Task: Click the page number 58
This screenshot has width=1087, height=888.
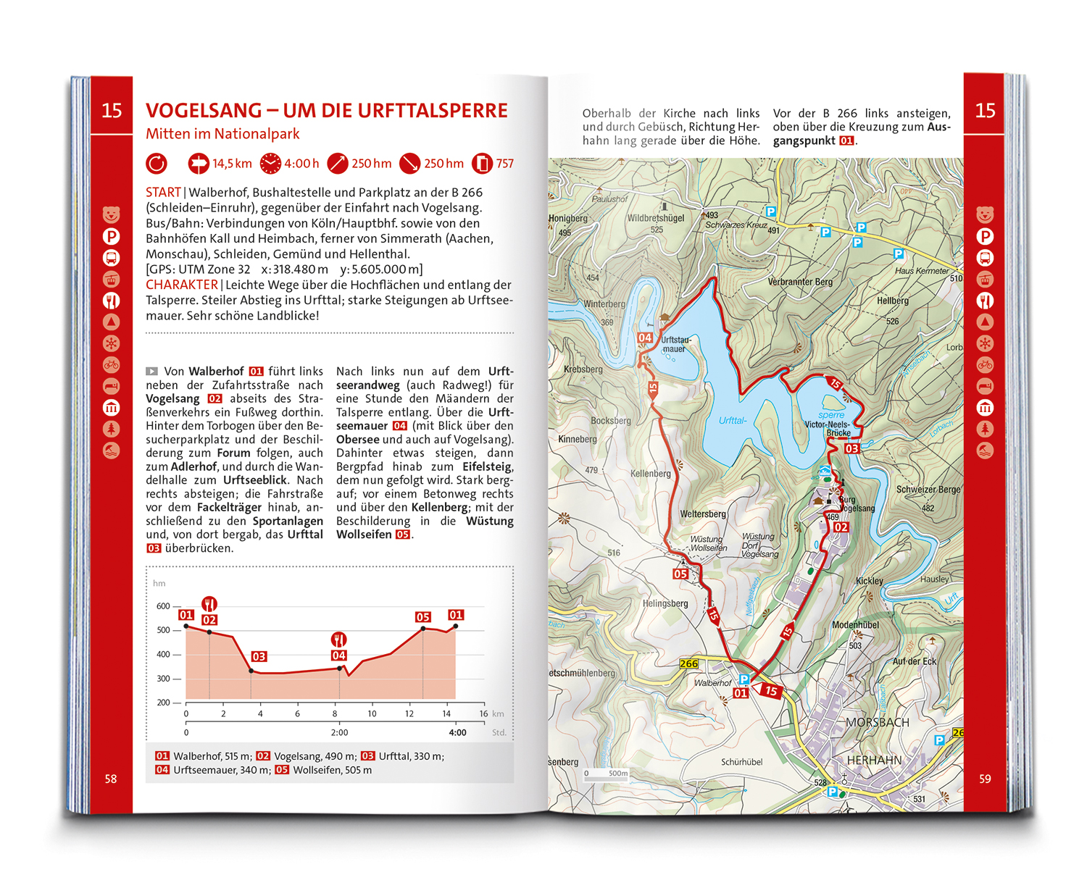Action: point(111,779)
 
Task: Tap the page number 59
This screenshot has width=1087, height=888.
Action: point(985,779)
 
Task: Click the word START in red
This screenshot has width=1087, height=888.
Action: point(163,193)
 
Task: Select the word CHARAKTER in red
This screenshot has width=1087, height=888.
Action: point(181,285)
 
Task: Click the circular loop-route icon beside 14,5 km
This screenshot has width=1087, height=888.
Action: point(157,164)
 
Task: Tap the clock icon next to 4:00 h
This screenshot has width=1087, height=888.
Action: point(270,164)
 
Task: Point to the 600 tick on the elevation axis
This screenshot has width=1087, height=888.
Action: point(163,606)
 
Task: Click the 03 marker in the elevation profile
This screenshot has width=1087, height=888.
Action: point(259,656)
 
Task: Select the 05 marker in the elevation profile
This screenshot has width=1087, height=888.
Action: point(423,617)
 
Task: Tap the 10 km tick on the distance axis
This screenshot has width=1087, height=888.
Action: point(372,713)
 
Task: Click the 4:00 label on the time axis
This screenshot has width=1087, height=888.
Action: point(457,732)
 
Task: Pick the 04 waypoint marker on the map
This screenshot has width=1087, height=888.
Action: point(645,338)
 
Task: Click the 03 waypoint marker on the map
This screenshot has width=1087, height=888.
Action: point(852,449)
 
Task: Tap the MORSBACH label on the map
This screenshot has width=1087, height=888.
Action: point(877,722)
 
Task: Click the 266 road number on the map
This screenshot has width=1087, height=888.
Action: point(688,663)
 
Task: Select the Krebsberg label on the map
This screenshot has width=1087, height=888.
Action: point(583,369)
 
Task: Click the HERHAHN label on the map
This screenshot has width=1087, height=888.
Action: point(874,760)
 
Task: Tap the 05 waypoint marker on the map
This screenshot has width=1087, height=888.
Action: point(680,574)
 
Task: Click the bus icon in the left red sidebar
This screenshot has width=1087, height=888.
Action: point(111,258)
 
